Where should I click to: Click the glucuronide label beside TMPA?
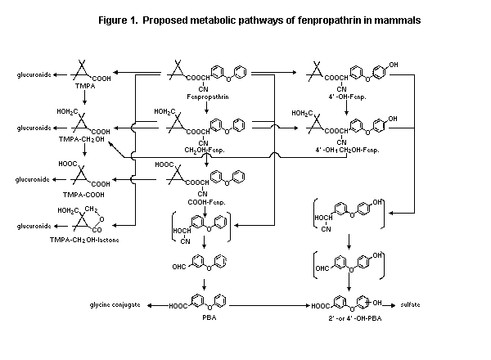click(x=34, y=74)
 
